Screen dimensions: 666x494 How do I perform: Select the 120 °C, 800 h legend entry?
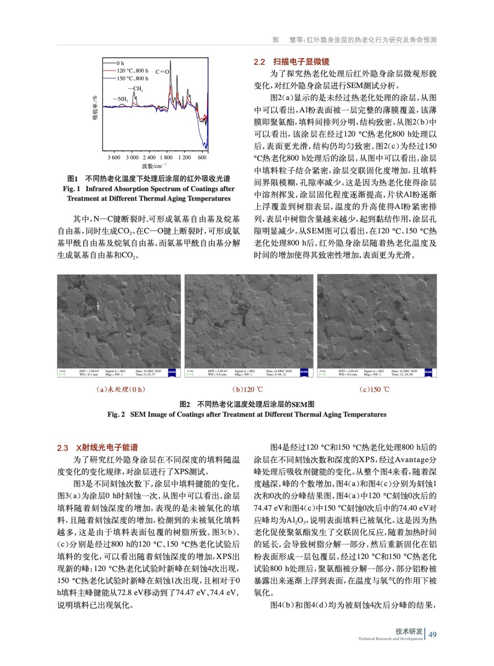(132, 71)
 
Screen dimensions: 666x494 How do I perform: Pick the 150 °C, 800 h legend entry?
(132, 78)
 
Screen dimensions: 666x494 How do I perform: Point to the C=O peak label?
(162, 72)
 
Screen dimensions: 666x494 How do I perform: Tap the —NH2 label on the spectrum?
(121, 99)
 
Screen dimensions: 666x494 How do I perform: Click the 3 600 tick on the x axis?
(114, 157)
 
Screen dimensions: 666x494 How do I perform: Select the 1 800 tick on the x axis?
(166, 157)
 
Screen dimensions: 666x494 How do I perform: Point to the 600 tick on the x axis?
(202, 157)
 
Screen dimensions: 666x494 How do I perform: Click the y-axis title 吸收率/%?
(95, 108)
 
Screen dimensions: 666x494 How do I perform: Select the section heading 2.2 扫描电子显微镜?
(291, 62)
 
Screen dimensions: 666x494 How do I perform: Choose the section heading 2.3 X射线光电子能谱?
(97, 447)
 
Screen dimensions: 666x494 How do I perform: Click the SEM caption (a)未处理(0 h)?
(121, 389)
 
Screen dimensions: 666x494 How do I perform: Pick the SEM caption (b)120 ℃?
(248, 389)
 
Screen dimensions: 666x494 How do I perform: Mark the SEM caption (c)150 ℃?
(374, 389)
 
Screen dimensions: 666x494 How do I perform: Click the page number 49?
(432, 634)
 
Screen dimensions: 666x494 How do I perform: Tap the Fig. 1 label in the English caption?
(72, 189)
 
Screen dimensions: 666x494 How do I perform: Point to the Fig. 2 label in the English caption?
(116, 414)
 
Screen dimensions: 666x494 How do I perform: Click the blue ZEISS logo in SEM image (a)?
(172, 372)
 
